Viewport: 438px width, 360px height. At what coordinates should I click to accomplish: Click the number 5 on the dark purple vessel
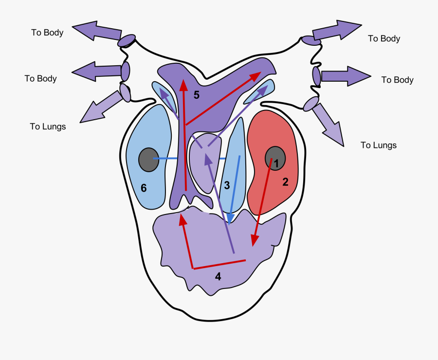point(196,95)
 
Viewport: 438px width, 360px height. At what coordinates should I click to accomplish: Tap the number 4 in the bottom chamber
point(218,277)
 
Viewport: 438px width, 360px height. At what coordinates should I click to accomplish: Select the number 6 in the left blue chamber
point(144,187)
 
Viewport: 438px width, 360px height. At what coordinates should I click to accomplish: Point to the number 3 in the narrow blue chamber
point(227,185)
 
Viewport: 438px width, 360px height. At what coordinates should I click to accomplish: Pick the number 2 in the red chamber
point(285,182)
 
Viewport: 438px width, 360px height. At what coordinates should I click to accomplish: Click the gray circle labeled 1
point(275,159)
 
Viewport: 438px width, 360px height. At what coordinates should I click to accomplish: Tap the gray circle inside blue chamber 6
point(148,160)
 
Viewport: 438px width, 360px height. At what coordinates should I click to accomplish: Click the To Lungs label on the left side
point(48,126)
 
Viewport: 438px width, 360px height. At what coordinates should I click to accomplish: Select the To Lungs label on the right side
point(378,145)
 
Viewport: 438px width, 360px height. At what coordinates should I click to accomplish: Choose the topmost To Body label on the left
point(47,33)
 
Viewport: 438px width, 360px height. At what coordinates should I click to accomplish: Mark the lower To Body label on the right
point(397,80)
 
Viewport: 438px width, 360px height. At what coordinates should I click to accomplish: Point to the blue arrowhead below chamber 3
point(230,217)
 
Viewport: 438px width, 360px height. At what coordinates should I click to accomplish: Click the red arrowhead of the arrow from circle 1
point(254,241)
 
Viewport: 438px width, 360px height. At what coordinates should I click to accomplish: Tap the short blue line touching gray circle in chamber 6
point(165,159)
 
